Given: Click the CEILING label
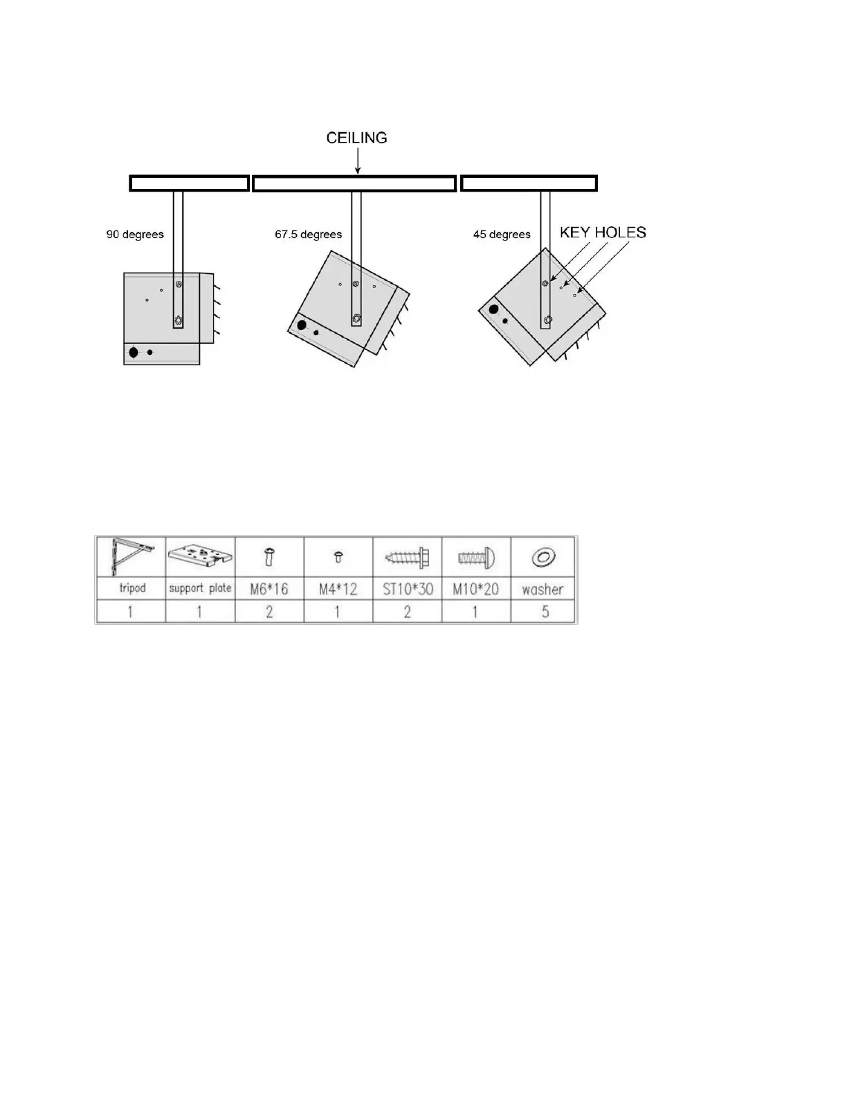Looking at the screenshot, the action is click(x=356, y=138).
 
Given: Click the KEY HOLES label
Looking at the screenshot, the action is click(x=603, y=232).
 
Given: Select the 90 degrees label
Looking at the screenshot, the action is click(x=135, y=235).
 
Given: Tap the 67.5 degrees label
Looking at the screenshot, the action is click(x=308, y=235).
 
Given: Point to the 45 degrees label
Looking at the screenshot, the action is click(x=502, y=235).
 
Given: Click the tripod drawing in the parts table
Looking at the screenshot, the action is click(x=130, y=557).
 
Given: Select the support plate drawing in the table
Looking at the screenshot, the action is click(x=200, y=557).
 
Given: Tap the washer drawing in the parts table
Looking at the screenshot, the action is click(x=543, y=557).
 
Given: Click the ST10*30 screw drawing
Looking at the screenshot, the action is click(x=408, y=557).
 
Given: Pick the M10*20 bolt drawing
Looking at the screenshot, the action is click(x=476, y=558).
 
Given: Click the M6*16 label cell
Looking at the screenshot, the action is click(x=269, y=589).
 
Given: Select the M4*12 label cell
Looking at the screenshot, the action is click(x=338, y=589).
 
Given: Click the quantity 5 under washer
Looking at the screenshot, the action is click(x=545, y=612).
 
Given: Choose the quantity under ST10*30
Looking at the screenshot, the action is click(x=407, y=612).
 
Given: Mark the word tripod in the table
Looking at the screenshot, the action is click(x=132, y=588).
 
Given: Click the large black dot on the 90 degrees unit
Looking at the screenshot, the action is click(x=134, y=353).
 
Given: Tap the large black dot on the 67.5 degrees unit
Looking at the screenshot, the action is click(x=302, y=325).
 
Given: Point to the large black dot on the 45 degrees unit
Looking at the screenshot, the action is click(x=493, y=309).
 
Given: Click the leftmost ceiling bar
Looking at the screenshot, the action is click(x=190, y=183).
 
